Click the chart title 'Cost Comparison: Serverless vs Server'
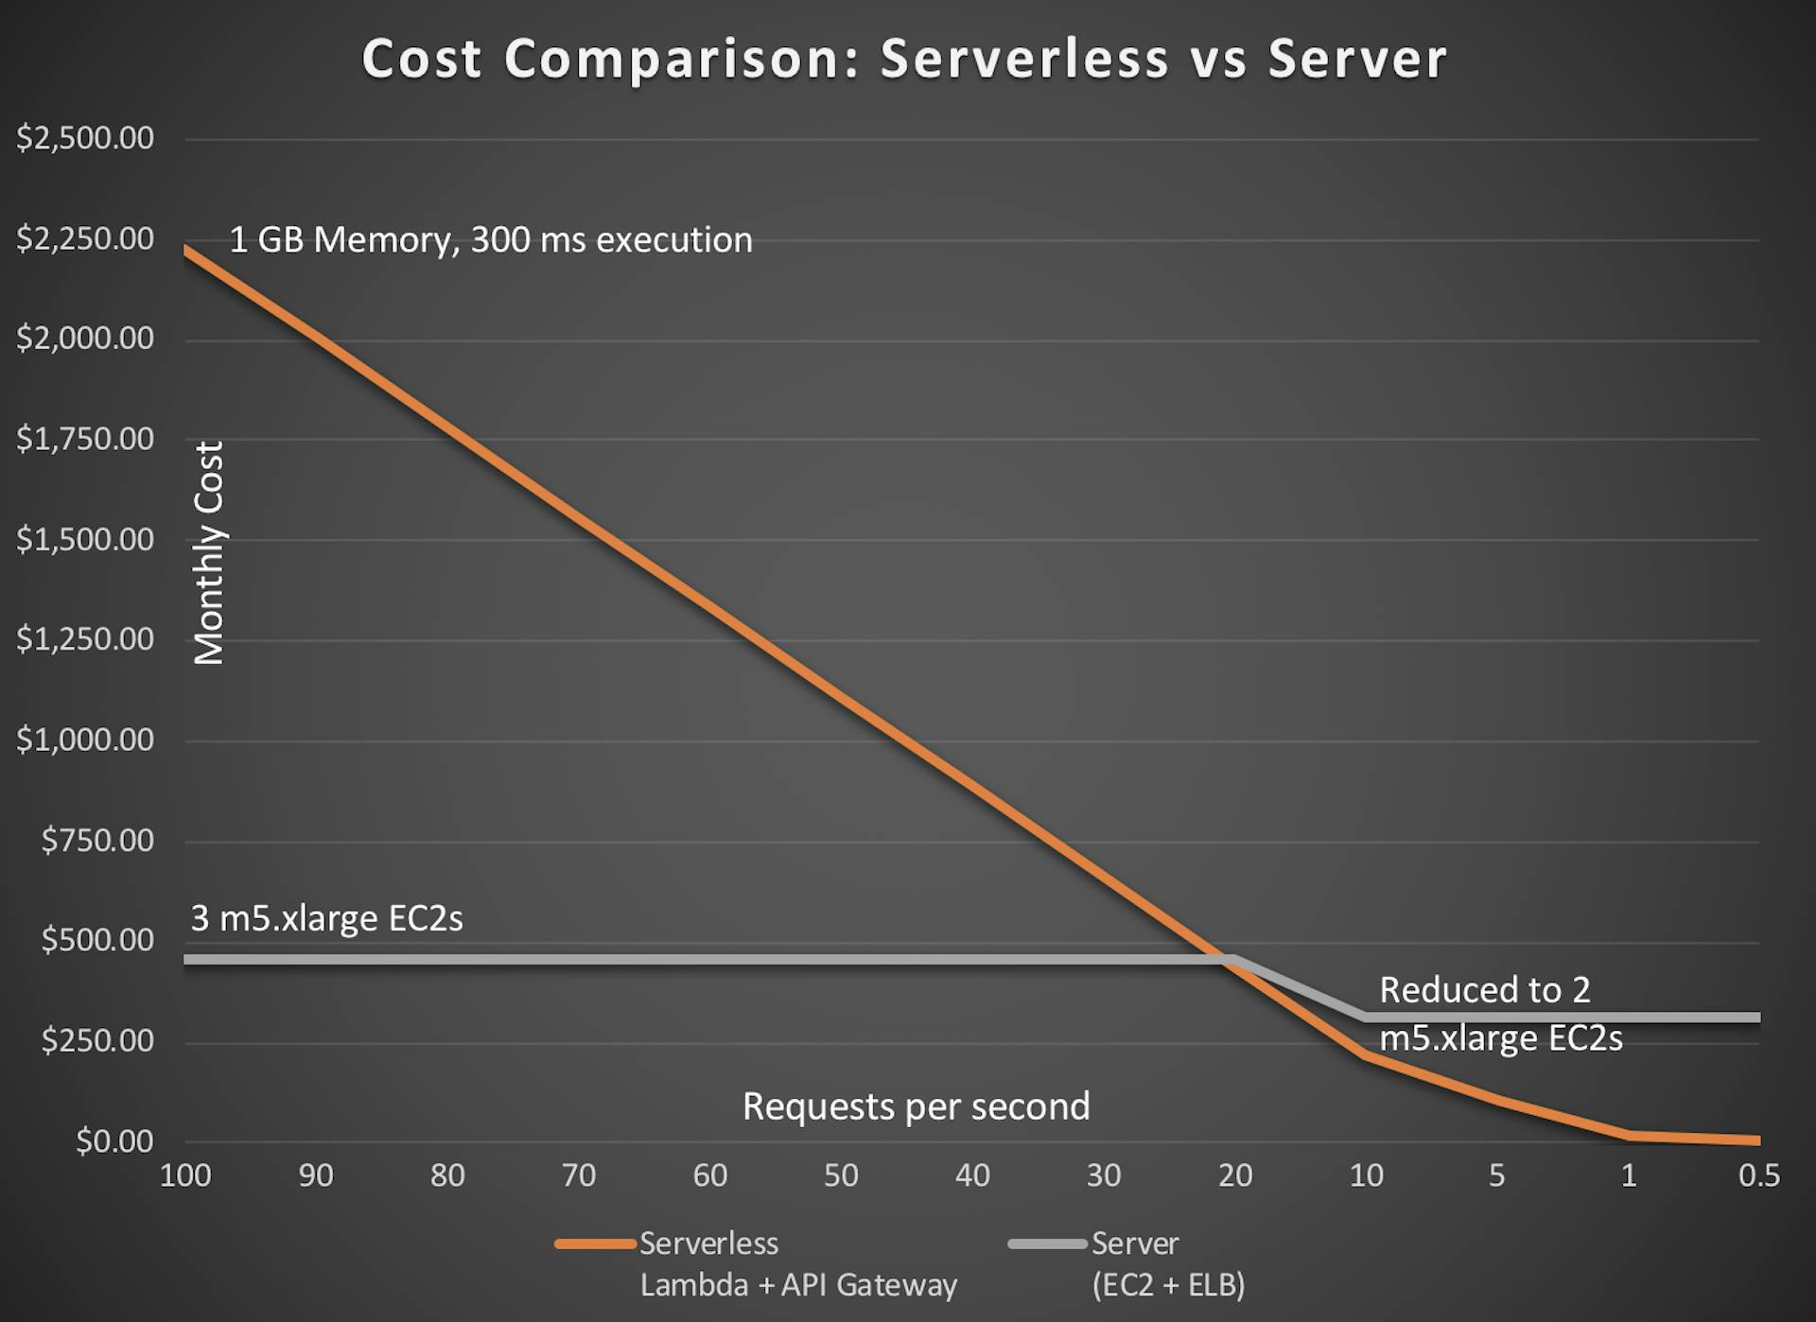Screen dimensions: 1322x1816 point(904,59)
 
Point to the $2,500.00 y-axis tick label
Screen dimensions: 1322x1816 point(85,138)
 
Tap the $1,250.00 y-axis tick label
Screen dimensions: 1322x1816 point(85,639)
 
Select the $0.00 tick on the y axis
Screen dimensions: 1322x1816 point(114,1141)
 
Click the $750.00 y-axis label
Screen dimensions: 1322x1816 point(97,840)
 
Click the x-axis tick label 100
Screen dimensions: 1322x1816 point(185,1175)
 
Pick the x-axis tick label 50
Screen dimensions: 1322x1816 point(841,1175)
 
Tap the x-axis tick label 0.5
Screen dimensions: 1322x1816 point(1758,1175)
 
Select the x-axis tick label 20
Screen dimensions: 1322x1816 point(1234,1175)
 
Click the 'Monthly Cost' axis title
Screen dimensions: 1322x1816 point(209,553)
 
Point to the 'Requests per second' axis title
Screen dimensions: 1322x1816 point(916,1106)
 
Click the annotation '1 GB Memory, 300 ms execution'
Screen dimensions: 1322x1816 point(491,239)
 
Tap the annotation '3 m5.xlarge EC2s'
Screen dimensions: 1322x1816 point(326,918)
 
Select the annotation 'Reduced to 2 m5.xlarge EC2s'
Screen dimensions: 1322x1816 point(1500,1014)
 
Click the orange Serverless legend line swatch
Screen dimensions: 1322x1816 point(595,1244)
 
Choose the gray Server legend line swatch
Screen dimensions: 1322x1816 point(1047,1244)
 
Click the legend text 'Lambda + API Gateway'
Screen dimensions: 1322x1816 point(798,1285)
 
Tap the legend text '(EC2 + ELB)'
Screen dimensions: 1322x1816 point(1168,1285)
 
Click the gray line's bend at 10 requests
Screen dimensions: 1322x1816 point(1365,1018)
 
